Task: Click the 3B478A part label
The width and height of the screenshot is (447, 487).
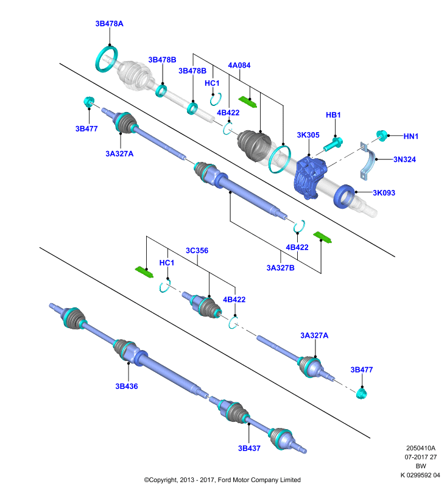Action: (x=109, y=24)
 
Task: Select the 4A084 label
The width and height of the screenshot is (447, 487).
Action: (x=239, y=65)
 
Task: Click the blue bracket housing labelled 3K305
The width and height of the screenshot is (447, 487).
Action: (x=310, y=177)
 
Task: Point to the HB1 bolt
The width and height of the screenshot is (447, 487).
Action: (x=333, y=144)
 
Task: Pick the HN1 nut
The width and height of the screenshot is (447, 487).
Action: (x=382, y=136)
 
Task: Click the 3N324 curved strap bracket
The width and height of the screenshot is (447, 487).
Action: (x=368, y=161)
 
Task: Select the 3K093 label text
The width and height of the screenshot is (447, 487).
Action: (x=384, y=193)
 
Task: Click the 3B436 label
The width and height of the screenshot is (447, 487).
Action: (x=127, y=387)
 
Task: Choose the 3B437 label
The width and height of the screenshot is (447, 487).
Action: (x=249, y=448)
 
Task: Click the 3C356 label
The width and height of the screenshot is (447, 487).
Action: (x=197, y=251)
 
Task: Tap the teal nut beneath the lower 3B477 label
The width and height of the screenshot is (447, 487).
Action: (x=362, y=393)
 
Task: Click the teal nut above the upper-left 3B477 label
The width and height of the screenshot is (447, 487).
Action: (x=89, y=101)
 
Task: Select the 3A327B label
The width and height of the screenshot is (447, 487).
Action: (x=281, y=268)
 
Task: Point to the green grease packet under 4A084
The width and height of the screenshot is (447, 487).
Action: (x=248, y=102)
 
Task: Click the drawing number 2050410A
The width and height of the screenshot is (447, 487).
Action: (x=421, y=448)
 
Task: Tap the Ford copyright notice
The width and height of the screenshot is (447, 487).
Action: (x=222, y=480)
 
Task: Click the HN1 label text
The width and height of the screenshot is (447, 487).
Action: (x=411, y=136)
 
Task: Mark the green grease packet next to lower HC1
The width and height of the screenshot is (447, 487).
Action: (x=144, y=272)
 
